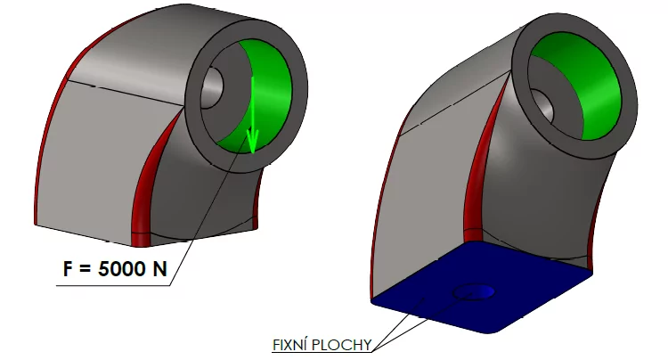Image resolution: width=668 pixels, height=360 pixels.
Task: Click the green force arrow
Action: point(252,111)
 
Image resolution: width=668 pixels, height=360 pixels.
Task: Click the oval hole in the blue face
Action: point(475,291)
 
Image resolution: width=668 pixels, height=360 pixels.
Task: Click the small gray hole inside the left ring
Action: point(214,89)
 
